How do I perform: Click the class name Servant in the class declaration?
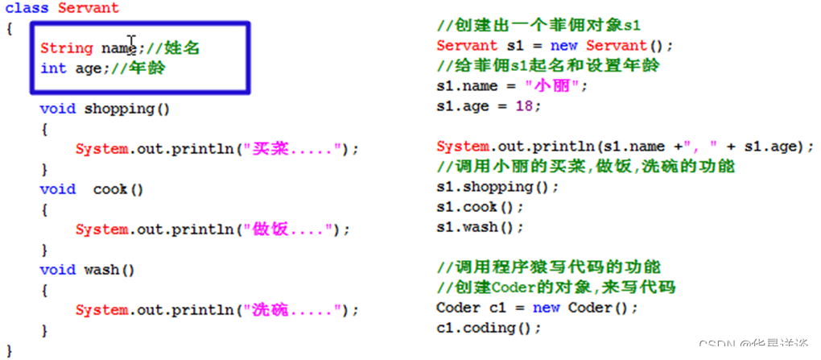point(88,8)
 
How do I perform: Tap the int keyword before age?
point(53,68)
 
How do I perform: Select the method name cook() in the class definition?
point(118,189)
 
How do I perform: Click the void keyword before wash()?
point(57,270)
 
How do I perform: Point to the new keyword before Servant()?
point(563,46)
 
